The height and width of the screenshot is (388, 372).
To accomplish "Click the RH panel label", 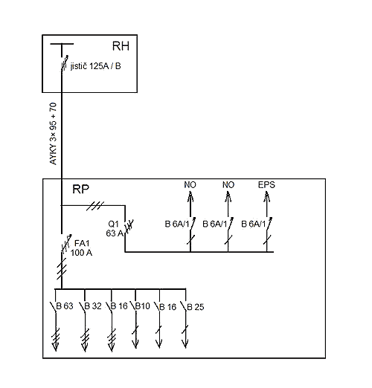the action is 121,46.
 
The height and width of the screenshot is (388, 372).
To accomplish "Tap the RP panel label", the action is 80,189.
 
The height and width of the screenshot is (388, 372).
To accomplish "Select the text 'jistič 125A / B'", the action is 96,66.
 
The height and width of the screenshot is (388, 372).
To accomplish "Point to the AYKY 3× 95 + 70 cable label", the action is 53,134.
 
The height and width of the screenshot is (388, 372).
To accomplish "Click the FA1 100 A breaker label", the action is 81,248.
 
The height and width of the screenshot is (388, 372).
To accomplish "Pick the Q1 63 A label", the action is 115,228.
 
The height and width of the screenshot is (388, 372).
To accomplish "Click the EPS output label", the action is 266,185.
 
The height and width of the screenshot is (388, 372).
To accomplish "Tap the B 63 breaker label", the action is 65,306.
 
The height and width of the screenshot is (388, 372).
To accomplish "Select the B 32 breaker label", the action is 93,306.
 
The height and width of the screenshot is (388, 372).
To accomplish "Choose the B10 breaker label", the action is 143,306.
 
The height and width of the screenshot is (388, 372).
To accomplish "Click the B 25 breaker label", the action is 196,307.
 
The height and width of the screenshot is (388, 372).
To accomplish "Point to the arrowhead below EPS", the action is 267,198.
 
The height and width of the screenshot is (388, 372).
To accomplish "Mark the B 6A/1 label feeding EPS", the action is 254,224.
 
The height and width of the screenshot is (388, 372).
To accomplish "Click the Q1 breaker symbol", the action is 129,226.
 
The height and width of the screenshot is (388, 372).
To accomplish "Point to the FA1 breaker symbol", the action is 66,244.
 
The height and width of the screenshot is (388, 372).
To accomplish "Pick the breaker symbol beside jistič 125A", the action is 65,63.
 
